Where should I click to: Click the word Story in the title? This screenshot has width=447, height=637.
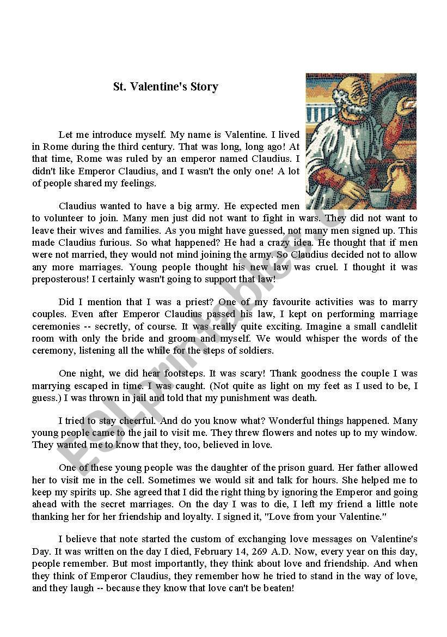tap(203, 87)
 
